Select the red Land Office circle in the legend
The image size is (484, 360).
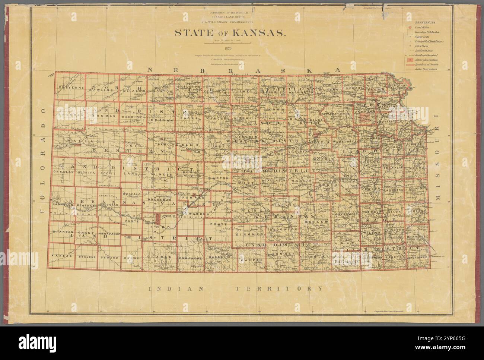coord(410,28)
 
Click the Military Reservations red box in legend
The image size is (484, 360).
coord(410,60)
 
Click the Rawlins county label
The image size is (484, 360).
coord(102,90)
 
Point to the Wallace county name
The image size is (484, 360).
coord(79,142)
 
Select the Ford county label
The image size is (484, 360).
coord(163,227)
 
